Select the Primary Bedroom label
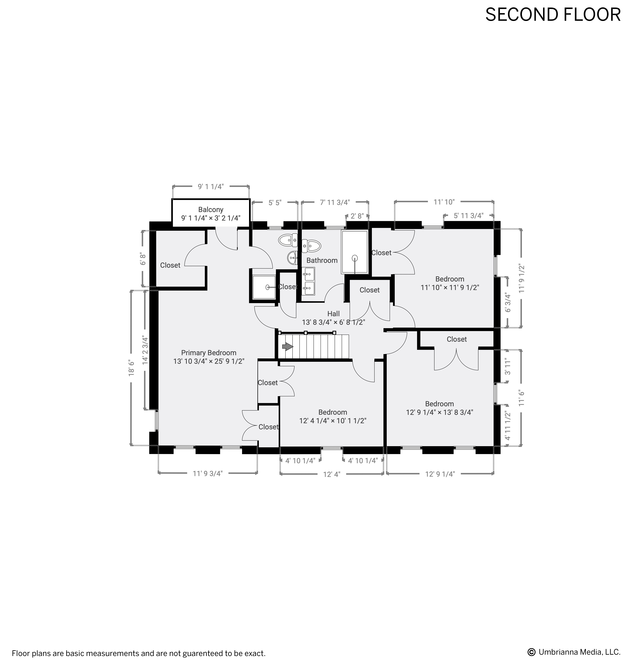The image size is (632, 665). coord(208,353)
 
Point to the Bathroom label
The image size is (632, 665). coord(322,260)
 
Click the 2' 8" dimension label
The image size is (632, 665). coord(357,216)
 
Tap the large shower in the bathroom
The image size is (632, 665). coord(355,252)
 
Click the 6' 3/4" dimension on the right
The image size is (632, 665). coord(508,304)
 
